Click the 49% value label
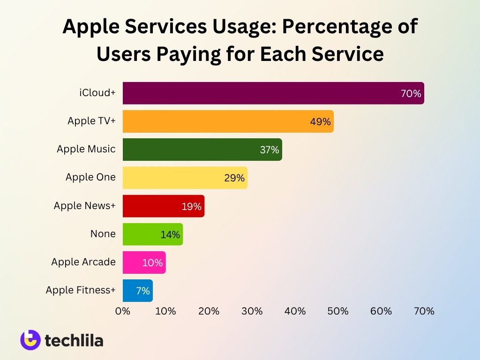coord(320,122)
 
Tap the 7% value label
coord(142,291)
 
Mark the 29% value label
coord(234,178)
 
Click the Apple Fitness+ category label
coord(80,290)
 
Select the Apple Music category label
coord(86,149)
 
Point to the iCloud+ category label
coord(97,93)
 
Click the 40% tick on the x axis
coord(295,311)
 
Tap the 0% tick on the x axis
coord(123,311)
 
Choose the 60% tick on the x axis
coord(381,311)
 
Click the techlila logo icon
coord(30,340)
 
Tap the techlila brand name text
coord(74,341)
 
